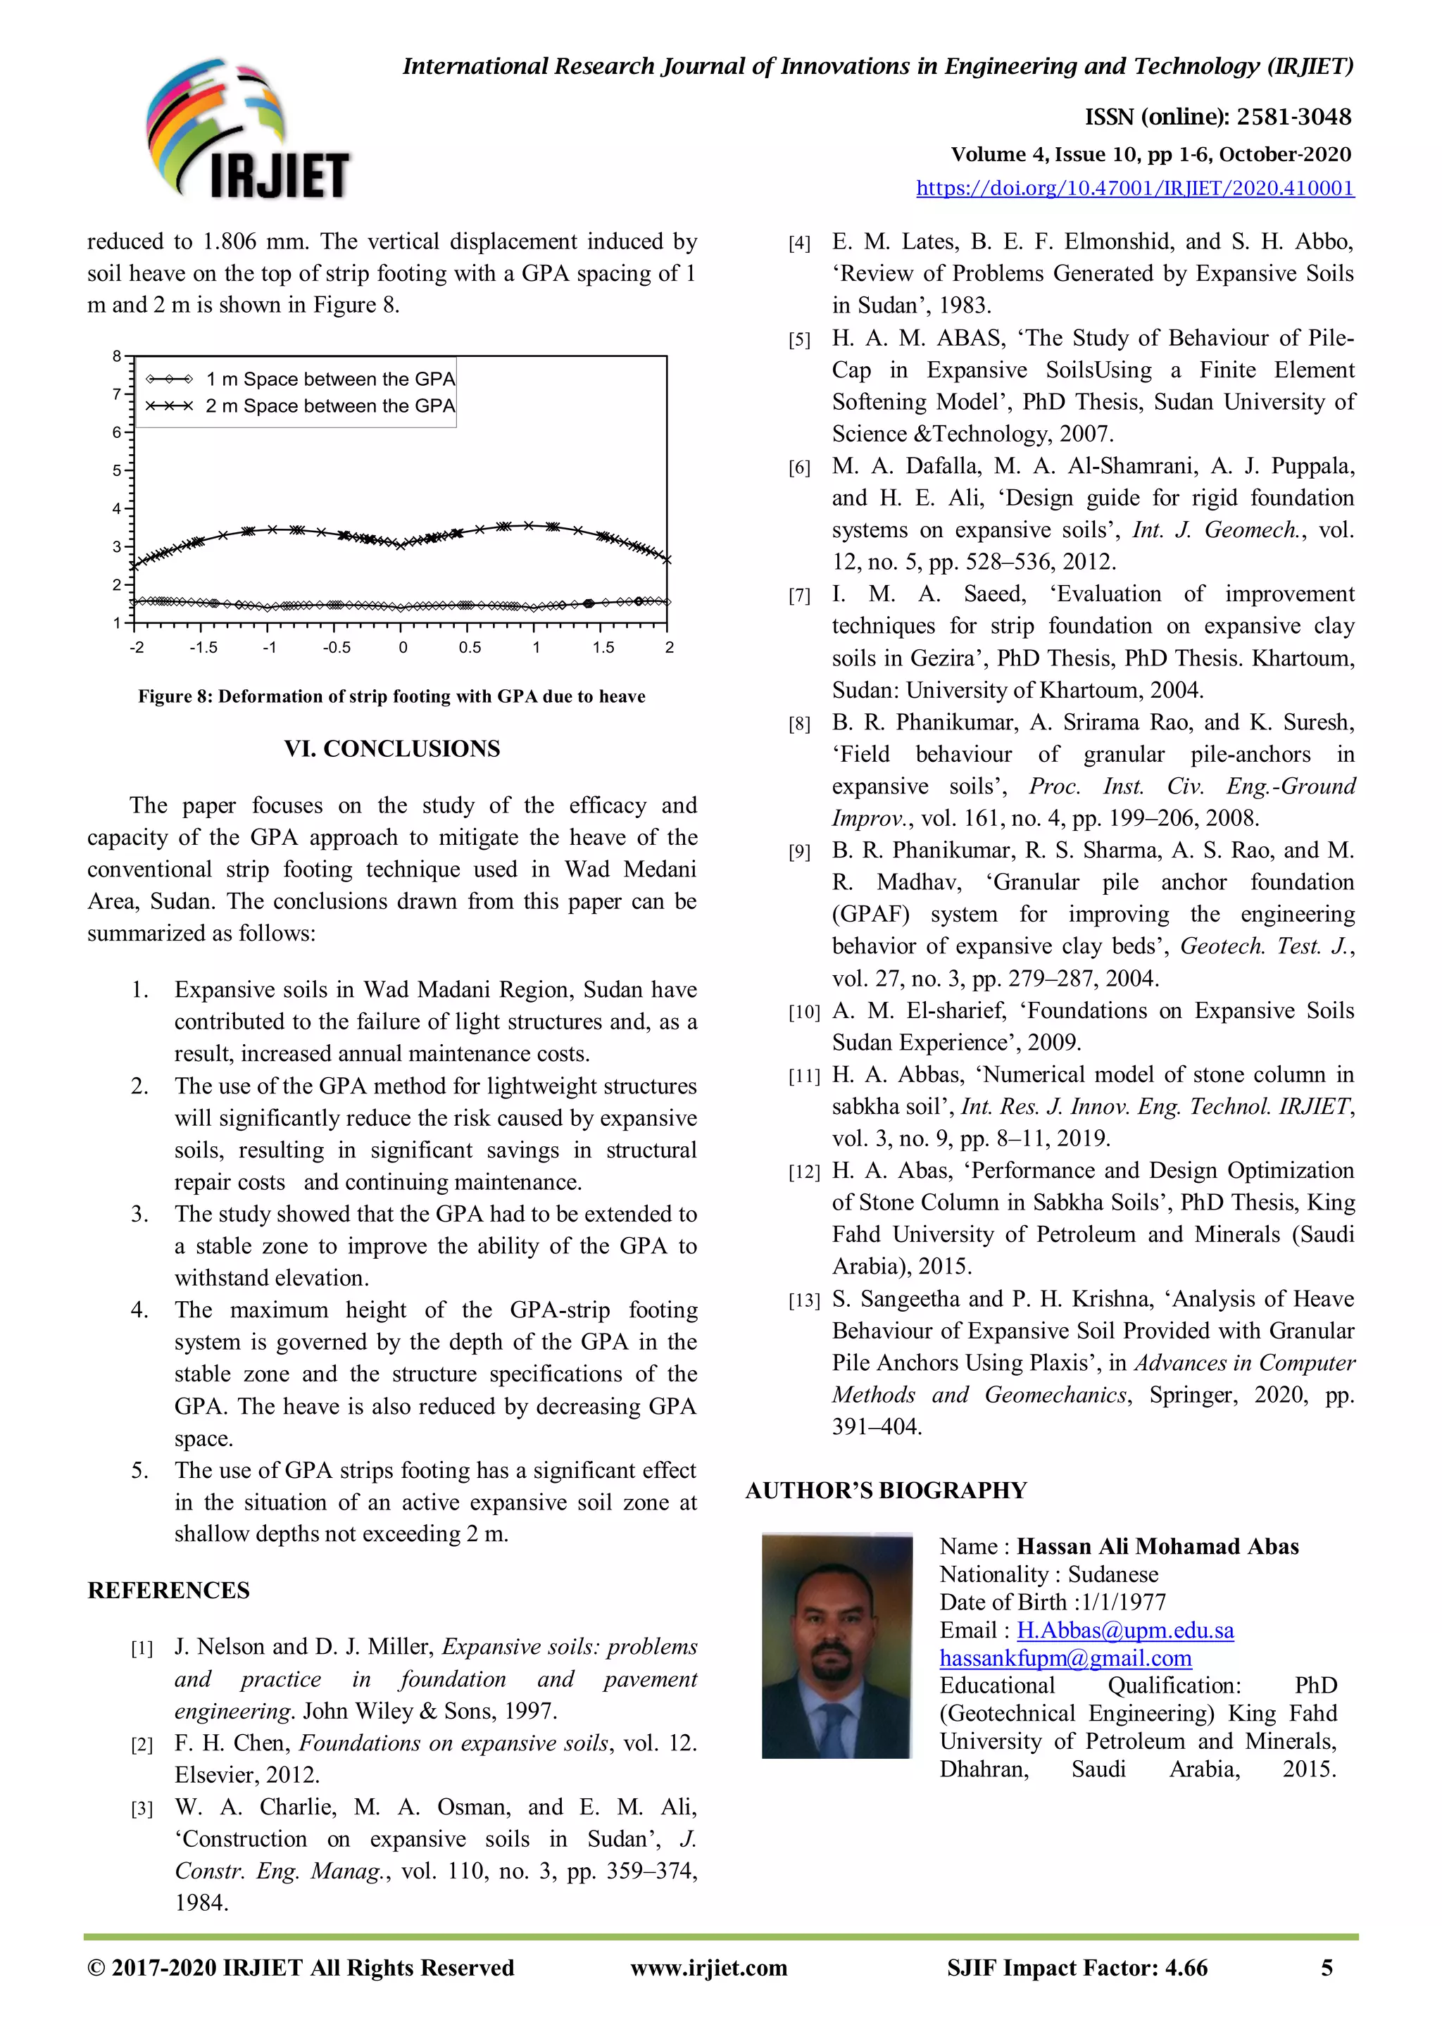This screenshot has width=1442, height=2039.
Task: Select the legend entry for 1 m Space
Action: (x=330, y=379)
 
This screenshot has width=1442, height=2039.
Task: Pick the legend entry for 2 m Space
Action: (x=330, y=406)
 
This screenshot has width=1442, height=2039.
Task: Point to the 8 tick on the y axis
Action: (x=117, y=356)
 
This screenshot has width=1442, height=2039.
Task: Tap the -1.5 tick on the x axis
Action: (x=203, y=648)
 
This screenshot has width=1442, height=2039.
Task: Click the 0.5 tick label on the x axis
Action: (x=470, y=648)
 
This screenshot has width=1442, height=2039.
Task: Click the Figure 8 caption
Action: (x=391, y=696)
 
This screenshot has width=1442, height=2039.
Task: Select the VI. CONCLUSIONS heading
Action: (x=391, y=748)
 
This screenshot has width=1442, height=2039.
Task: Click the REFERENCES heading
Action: (x=169, y=1590)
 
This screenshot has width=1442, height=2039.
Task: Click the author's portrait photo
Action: (x=836, y=1645)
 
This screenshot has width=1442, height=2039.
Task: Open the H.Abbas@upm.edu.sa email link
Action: (x=1125, y=1630)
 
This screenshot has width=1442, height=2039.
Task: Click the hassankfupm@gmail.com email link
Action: (x=1065, y=1657)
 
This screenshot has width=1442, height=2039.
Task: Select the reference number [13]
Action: (x=803, y=1301)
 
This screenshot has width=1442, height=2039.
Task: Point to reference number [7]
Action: (x=799, y=596)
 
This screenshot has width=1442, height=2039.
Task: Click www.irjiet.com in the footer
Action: (x=708, y=1968)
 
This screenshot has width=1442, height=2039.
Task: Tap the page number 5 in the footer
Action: (x=1327, y=1968)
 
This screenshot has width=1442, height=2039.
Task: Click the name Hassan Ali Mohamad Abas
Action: (x=1157, y=1546)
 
